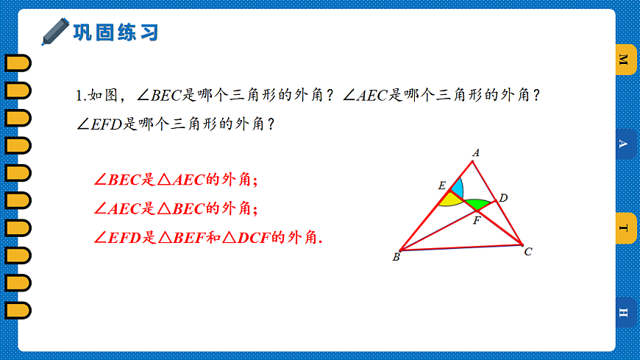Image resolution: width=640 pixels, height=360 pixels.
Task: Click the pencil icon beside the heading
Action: (55, 32)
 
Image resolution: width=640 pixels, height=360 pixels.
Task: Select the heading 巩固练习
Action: (115, 32)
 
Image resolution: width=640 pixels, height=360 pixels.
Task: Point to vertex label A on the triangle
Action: (476, 153)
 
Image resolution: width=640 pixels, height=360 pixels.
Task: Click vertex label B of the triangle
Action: (396, 257)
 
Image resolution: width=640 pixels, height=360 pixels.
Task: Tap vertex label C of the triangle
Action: (528, 252)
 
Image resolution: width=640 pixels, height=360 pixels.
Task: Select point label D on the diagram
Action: (503, 197)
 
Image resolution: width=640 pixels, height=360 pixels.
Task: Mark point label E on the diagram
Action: (441, 186)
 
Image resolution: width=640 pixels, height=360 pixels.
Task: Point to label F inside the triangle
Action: (476, 219)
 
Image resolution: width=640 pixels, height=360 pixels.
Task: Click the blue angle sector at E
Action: (457, 188)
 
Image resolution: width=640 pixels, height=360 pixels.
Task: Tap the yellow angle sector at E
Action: (448, 199)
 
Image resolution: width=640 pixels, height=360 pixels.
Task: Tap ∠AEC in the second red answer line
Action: (117, 209)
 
